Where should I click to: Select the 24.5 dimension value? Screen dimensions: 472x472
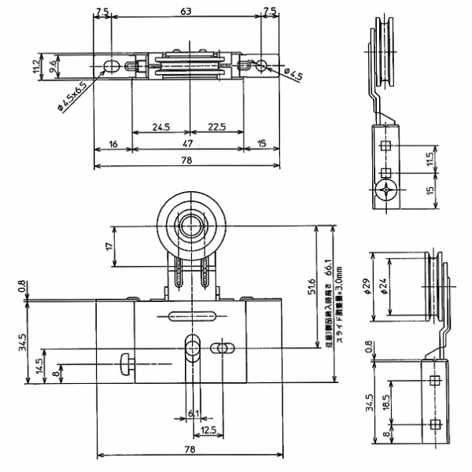tap(160, 126)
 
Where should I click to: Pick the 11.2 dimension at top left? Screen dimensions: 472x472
tap(36, 64)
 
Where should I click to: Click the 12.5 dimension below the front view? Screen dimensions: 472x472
tap(208, 430)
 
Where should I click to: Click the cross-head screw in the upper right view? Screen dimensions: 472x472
tap(385, 190)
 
